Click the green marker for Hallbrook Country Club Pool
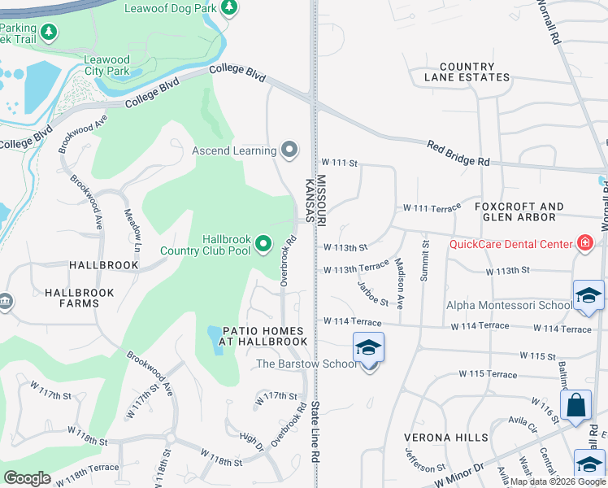[263, 243]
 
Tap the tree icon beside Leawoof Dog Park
[229, 7]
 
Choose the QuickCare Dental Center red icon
[584, 243]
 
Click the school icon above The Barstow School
[368, 347]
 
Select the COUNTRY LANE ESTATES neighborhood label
[466, 72]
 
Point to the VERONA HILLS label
[446, 438]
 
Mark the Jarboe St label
[373, 293]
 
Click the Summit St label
[423, 261]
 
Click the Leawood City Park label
[107, 66]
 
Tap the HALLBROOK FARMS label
[72, 298]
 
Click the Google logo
[28, 478]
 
